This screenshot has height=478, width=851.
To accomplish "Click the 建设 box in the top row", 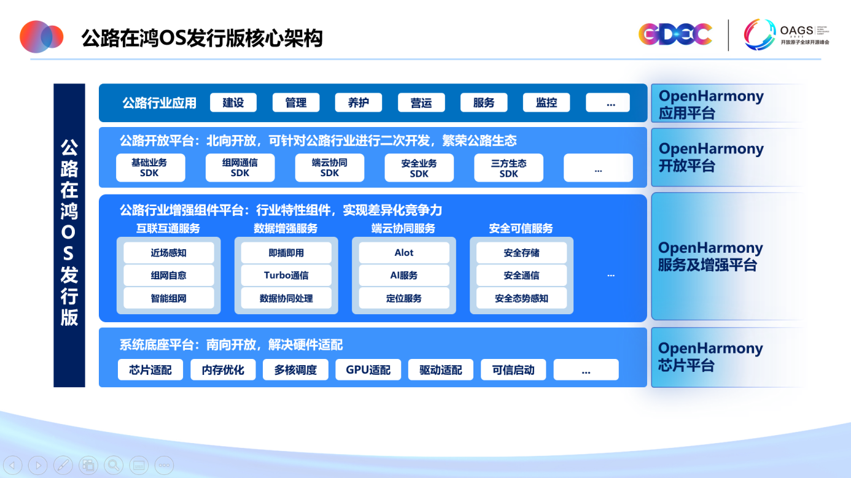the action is [x=233, y=102].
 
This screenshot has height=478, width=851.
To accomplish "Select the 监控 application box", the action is [x=546, y=102].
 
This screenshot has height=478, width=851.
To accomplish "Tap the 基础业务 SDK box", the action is [x=150, y=168].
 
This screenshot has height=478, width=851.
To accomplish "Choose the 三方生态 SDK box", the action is [x=509, y=168].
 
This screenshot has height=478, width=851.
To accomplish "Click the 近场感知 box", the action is [x=169, y=253].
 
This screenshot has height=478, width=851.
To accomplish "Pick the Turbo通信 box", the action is [x=286, y=276].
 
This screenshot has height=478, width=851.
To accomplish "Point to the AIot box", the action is [x=404, y=253].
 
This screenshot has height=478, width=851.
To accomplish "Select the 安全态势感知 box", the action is [x=522, y=298].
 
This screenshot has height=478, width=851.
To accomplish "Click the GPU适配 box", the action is [x=368, y=370].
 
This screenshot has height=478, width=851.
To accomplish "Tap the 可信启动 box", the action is [x=513, y=370].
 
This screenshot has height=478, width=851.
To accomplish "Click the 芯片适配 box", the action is [x=150, y=370].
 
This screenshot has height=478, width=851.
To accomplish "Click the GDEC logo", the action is [x=675, y=34].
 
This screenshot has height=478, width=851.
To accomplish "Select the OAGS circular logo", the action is [x=760, y=34].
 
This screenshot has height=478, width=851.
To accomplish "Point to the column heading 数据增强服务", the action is [x=286, y=228].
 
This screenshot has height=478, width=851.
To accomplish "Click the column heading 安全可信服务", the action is [x=521, y=228].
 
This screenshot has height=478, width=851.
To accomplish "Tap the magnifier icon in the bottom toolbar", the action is [x=114, y=465].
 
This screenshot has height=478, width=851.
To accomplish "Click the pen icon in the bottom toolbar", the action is [x=63, y=465].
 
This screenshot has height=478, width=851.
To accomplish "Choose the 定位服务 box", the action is [x=404, y=298].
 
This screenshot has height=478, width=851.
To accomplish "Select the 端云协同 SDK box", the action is [x=330, y=168].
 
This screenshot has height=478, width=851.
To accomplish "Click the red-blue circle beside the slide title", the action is [x=41, y=36].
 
